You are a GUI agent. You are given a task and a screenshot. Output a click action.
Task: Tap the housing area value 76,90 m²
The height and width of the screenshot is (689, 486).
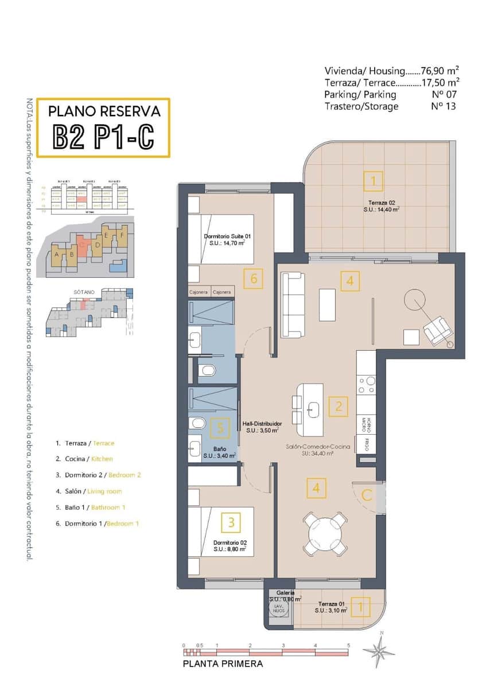440,71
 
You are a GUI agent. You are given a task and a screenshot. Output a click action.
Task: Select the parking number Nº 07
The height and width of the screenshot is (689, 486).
443,94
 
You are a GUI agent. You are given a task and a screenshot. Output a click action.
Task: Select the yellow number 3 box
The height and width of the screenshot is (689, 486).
231,522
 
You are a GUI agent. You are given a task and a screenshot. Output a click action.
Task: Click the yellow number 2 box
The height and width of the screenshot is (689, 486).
339,407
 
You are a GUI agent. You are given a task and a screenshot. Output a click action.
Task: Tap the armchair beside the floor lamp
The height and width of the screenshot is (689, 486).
438,331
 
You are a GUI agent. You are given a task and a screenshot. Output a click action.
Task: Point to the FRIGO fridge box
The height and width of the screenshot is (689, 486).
366,444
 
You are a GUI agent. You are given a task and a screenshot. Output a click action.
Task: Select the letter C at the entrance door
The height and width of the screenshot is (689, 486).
367,494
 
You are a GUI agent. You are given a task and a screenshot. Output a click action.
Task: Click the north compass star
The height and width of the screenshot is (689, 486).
378,651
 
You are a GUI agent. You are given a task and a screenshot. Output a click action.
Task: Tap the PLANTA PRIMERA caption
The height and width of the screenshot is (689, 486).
223,664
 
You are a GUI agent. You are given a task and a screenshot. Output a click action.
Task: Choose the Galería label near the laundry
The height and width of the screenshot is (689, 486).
285,593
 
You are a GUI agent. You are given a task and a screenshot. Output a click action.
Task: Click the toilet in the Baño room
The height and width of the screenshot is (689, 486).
197,424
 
